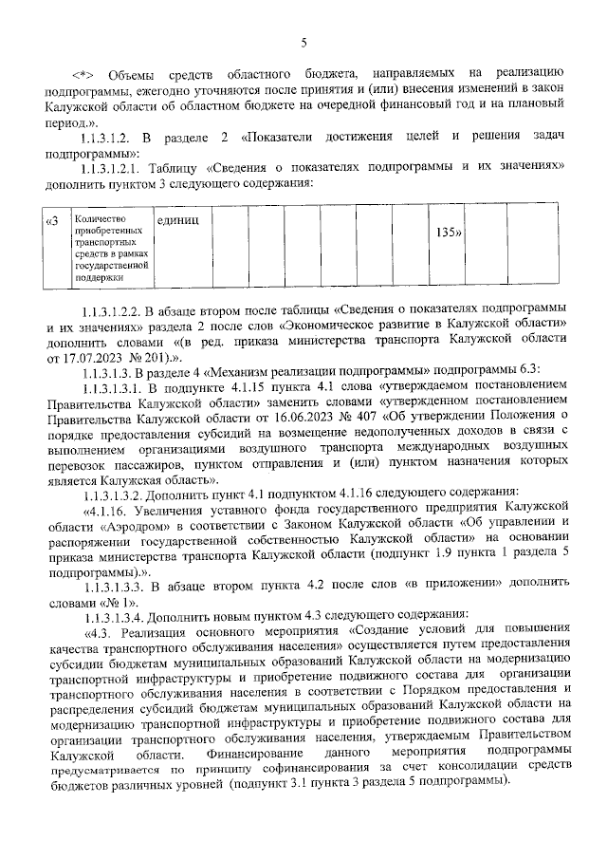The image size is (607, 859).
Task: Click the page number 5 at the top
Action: point(303,42)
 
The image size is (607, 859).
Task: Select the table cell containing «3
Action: point(53,222)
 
